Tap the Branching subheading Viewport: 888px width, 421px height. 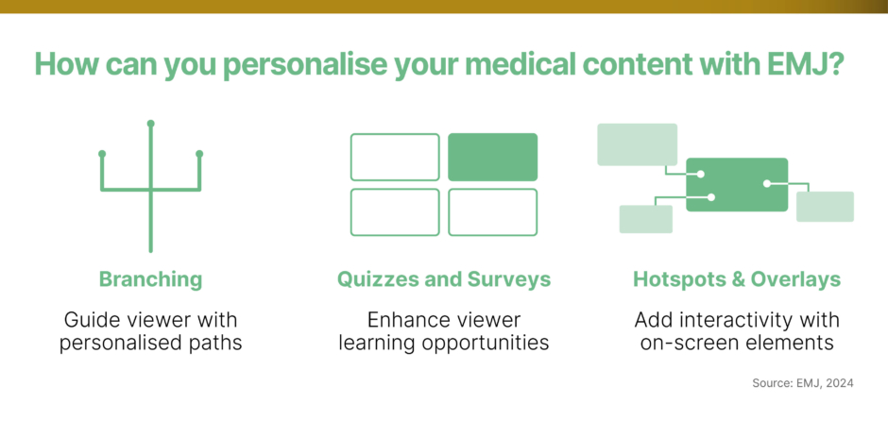(x=150, y=279)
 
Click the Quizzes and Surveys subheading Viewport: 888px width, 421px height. (x=444, y=279)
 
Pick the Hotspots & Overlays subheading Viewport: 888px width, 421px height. (x=736, y=279)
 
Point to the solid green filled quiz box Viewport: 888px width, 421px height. (x=492, y=157)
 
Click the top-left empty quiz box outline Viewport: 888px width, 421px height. (x=395, y=157)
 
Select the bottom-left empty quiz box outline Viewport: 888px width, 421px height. (x=395, y=212)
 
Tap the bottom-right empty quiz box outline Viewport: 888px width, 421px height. (x=492, y=212)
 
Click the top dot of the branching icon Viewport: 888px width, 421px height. (x=150, y=124)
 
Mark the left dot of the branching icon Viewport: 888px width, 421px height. (x=102, y=153)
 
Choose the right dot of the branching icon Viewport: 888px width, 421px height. (x=199, y=153)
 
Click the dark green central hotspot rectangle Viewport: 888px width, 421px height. (x=737, y=184)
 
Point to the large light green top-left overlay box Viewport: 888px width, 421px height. (x=637, y=144)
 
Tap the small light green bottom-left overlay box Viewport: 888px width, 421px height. (x=645, y=219)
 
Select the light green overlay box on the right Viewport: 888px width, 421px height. (x=825, y=207)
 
